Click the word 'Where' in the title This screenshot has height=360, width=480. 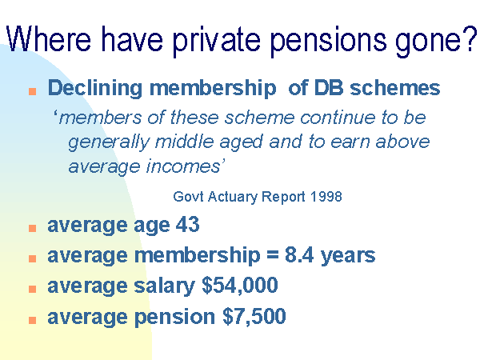[x=48, y=39]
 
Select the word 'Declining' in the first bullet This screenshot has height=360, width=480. [x=95, y=89]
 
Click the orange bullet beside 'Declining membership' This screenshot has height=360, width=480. [x=33, y=91]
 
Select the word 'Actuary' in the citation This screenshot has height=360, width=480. [x=232, y=197]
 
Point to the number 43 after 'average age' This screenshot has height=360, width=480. [x=187, y=224]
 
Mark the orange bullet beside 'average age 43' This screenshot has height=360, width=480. [x=33, y=228]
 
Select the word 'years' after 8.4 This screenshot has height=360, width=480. [x=348, y=257]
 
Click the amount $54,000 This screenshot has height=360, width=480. [x=240, y=286]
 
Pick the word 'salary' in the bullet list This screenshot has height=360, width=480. [x=164, y=286]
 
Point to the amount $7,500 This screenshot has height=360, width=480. [x=254, y=316]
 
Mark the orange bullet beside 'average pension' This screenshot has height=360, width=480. [x=33, y=320]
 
